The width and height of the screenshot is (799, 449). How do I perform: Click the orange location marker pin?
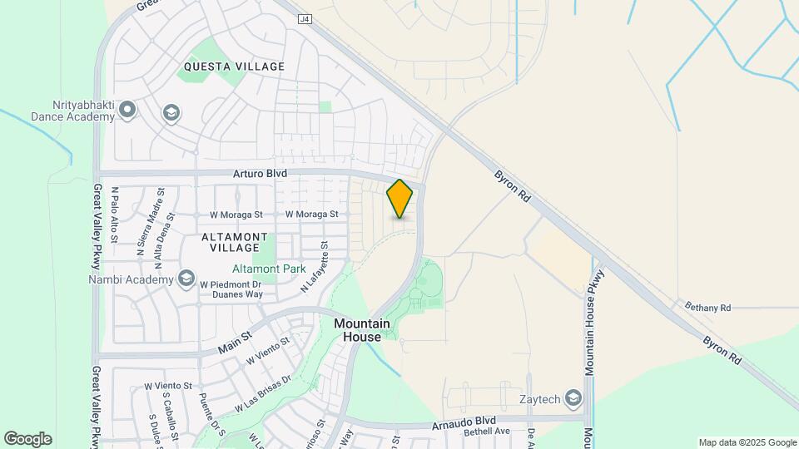[399, 199]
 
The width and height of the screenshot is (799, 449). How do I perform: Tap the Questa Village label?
[234, 67]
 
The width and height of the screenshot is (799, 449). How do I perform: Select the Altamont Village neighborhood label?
[235, 242]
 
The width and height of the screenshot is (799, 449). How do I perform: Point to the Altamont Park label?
[267, 269]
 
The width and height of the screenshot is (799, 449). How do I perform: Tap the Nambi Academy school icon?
[187, 279]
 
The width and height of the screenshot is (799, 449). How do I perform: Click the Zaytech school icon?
[573, 399]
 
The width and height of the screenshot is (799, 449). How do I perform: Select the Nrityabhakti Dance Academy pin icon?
[127, 109]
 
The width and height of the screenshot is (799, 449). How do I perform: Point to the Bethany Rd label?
[707, 308]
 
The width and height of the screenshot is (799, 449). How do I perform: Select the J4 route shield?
[305, 17]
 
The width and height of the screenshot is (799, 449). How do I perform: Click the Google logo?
[27, 438]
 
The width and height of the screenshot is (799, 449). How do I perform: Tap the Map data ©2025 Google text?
[747, 442]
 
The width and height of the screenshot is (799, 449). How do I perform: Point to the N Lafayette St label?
[315, 267]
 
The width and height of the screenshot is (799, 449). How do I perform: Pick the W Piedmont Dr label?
[230, 284]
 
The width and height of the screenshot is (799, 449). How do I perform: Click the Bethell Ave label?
[487, 432]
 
